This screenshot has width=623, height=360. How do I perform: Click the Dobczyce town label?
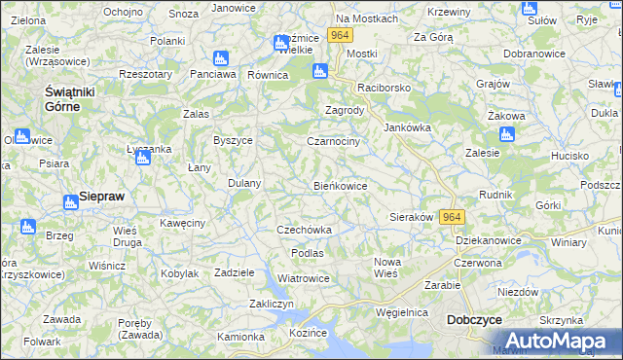tap(473, 319)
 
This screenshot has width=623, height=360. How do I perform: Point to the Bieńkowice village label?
tap(340, 185)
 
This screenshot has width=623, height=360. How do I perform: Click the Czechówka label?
tap(305, 230)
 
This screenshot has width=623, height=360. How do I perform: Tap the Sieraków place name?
tap(411, 217)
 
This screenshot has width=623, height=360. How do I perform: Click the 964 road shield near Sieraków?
tap(452, 217)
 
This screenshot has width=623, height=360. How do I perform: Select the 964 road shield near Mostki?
tap(339, 35)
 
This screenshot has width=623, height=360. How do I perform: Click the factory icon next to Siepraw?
tap(70, 202)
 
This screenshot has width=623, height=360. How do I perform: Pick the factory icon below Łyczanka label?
tap(142, 157)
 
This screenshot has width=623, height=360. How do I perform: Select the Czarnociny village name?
tap(333, 141)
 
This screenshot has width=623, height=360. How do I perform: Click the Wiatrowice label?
tap(304, 278)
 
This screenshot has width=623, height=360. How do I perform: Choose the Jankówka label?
tap(408, 127)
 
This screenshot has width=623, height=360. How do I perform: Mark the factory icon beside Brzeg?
tap(25, 227)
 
